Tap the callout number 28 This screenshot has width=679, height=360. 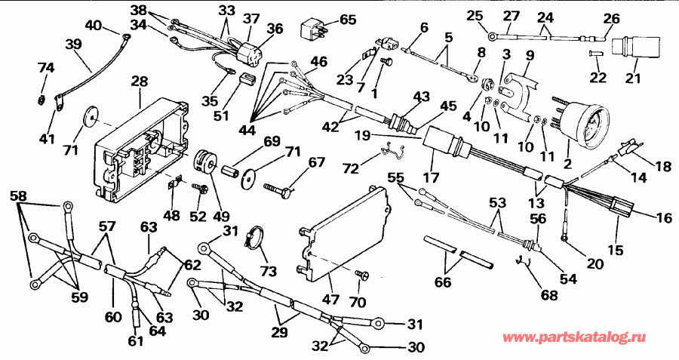tap(140, 79)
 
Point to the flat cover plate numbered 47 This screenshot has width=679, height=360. tap(343, 226)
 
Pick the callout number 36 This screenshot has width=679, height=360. tap(277, 28)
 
